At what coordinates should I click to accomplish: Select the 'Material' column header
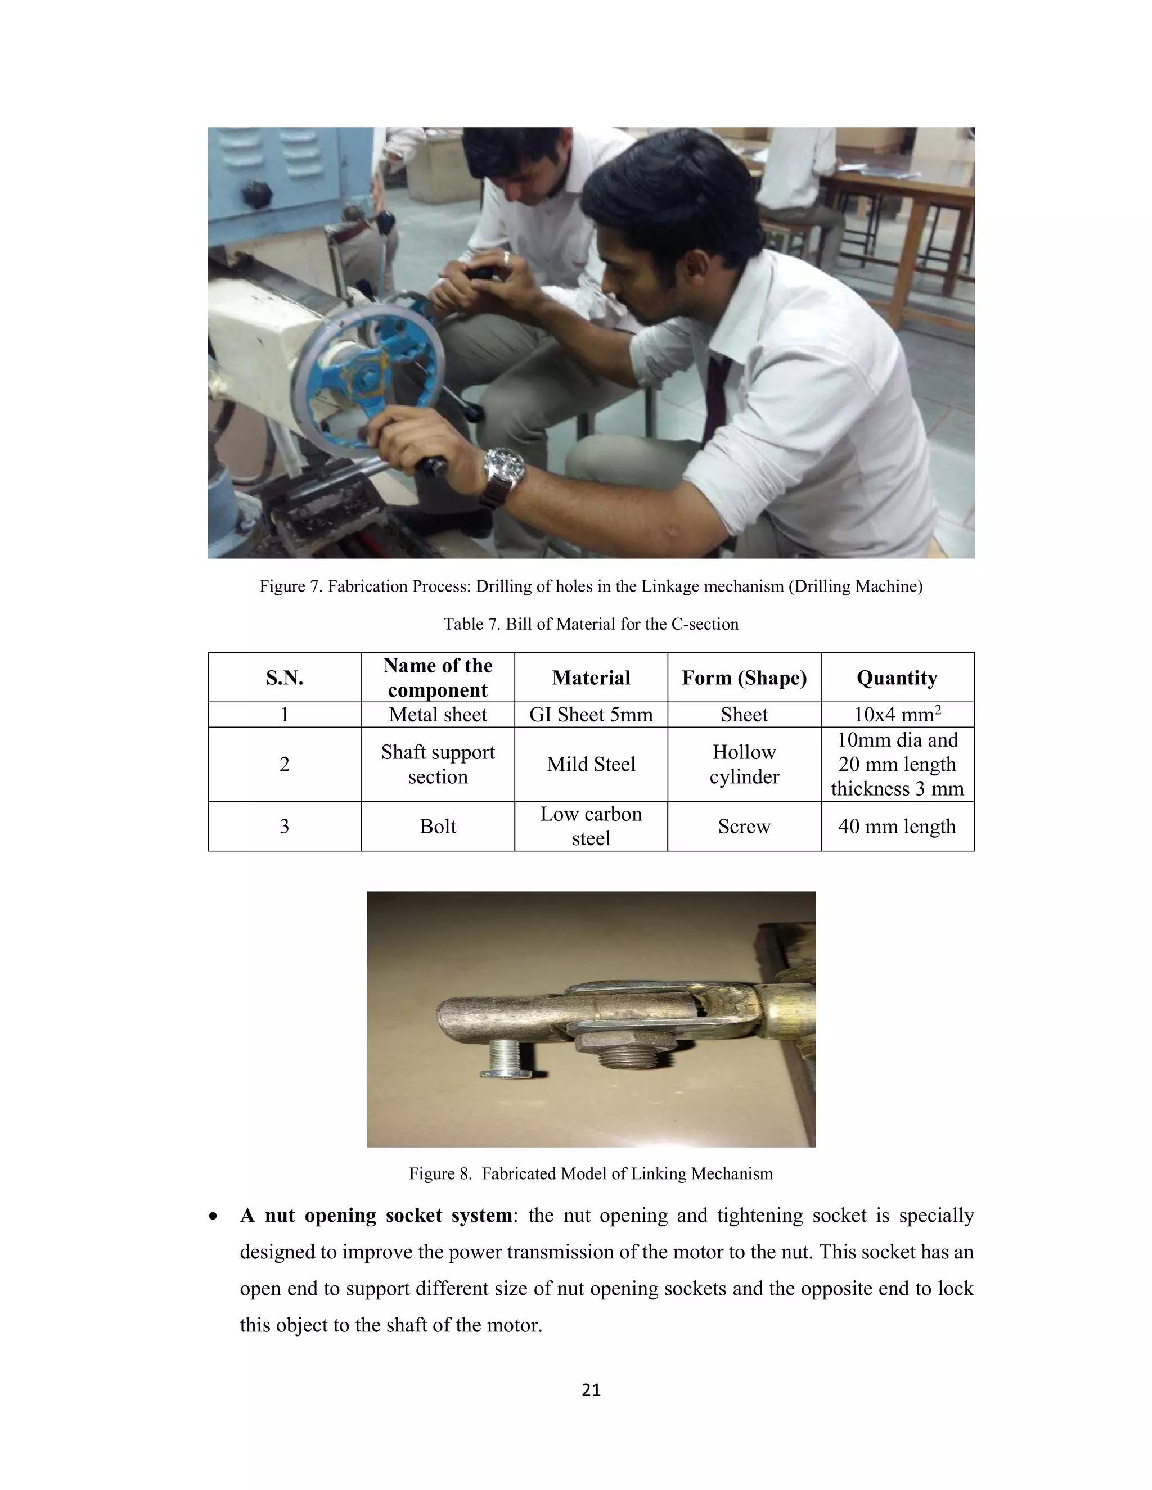click(x=591, y=678)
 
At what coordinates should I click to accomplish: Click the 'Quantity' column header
click(x=897, y=678)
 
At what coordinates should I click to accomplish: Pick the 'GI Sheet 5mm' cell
click(x=591, y=714)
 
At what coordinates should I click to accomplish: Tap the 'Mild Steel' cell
click(x=591, y=764)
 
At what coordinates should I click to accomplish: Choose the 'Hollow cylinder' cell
click(x=744, y=764)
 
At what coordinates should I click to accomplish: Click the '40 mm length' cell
click(x=897, y=826)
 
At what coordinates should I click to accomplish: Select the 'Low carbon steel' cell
click(x=591, y=826)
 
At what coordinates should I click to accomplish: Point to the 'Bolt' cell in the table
click(x=438, y=826)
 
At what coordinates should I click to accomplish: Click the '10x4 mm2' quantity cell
click(x=897, y=714)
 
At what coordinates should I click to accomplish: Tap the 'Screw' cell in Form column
click(x=744, y=826)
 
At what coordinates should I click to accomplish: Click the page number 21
click(x=591, y=1390)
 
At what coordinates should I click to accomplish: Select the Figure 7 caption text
click(x=591, y=586)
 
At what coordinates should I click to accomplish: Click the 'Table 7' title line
click(x=591, y=624)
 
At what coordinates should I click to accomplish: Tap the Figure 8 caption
click(x=591, y=1173)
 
